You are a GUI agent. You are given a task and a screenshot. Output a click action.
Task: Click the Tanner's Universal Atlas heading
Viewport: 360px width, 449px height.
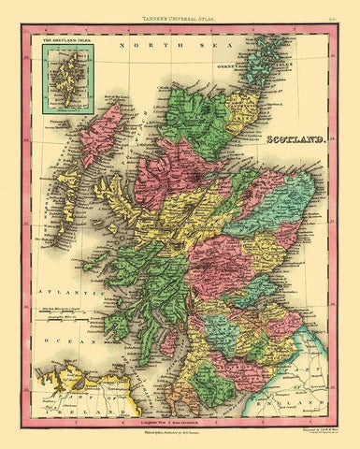pos(180,12)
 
